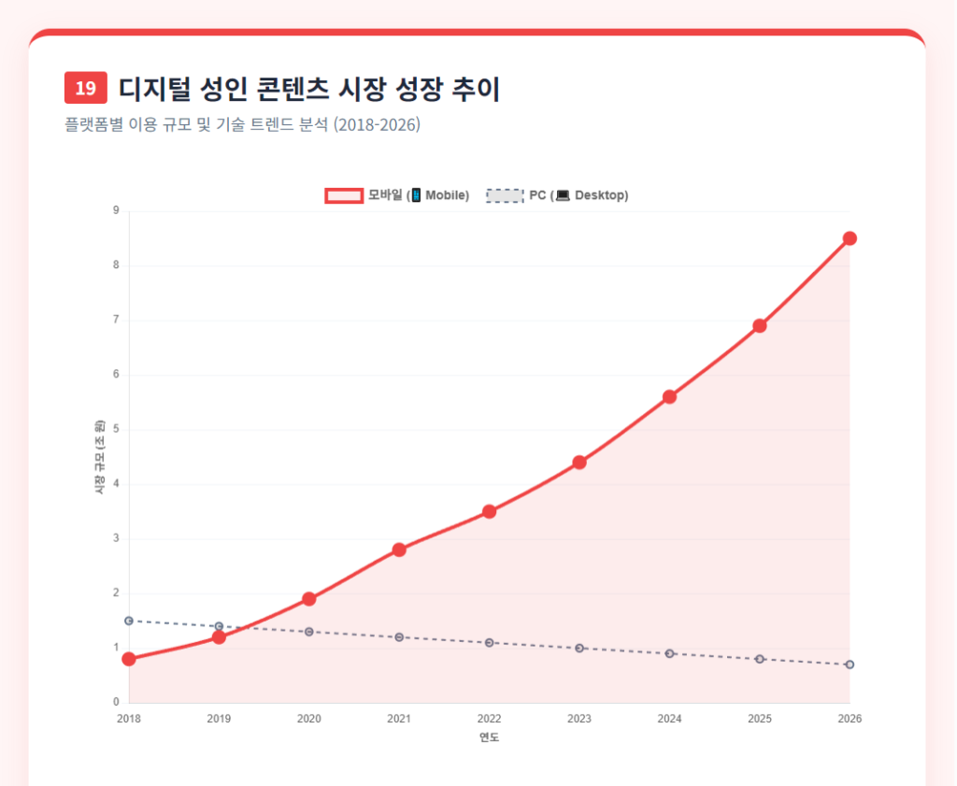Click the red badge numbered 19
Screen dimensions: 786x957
[x=85, y=89]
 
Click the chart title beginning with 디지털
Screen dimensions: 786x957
[x=309, y=89]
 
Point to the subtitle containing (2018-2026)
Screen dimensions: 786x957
[x=242, y=125]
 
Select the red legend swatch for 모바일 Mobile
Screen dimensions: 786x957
[x=343, y=195]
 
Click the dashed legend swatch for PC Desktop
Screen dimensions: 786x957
[x=505, y=195]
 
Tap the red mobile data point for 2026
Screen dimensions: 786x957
[x=850, y=238]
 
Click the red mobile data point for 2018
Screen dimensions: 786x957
[x=129, y=659]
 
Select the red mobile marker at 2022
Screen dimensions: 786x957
[x=489, y=511]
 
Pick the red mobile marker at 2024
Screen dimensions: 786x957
[x=669, y=396]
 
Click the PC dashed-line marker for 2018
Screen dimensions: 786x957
[x=129, y=621]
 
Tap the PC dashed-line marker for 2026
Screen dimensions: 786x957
[x=850, y=665]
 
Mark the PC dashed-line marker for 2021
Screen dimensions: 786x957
[x=399, y=637]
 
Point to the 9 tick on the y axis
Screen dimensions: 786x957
[x=116, y=211]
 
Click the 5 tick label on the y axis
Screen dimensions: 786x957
[x=116, y=430]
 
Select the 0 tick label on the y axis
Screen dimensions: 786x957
[x=116, y=703]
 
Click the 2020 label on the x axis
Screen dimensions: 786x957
[x=308, y=719]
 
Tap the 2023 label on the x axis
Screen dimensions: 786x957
[x=578, y=719]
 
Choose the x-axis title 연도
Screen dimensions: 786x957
[x=489, y=737]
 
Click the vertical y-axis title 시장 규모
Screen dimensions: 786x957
[x=98, y=457]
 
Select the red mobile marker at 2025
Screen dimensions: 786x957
[x=760, y=325]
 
